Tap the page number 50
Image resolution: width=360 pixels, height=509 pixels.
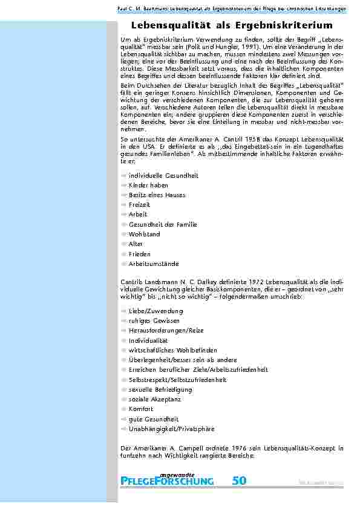[x=239, y=481]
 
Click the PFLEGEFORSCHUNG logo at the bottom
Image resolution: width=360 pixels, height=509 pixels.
[x=168, y=481]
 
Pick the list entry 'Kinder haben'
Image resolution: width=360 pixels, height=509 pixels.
[x=148, y=185]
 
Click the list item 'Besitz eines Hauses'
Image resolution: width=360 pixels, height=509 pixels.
[x=157, y=195]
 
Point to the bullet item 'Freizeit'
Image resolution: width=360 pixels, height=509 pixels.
[x=140, y=205]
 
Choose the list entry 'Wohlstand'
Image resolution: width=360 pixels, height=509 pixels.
[x=144, y=235]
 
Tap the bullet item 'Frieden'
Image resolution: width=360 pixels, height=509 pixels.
[x=140, y=254]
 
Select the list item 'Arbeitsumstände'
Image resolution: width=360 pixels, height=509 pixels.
[x=154, y=264]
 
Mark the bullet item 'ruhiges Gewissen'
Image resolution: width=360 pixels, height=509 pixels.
[x=154, y=320]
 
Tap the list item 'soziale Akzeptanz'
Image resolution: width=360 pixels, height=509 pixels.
[x=155, y=400]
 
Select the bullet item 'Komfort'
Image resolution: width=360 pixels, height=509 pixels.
[x=141, y=409]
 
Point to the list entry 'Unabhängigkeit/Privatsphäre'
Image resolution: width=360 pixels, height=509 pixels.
[x=171, y=429]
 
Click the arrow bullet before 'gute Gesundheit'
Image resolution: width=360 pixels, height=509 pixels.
[x=124, y=419]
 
